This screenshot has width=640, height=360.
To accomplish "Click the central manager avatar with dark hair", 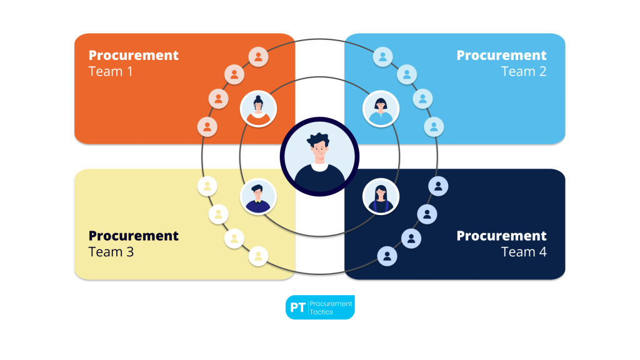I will click(319, 157).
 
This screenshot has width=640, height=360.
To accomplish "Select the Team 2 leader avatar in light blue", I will click(381, 109).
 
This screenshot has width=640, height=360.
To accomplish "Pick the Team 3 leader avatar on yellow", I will click(259, 196).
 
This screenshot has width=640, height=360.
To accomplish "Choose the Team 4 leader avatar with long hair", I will click(381, 196).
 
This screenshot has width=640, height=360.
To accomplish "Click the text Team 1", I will click(111, 71).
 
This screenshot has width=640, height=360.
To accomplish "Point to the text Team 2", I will click(524, 71).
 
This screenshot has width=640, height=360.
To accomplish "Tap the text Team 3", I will click(111, 252).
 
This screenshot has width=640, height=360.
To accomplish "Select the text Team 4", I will click(524, 252).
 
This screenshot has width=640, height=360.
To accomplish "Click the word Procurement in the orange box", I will click(134, 55).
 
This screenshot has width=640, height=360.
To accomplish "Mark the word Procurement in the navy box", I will click(501, 236).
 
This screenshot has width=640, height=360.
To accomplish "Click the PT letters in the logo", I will click(297, 307).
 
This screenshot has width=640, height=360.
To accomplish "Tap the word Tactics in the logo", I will click(321, 312).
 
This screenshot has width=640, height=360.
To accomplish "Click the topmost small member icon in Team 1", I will click(258, 57).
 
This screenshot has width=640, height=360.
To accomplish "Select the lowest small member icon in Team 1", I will click(207, 127).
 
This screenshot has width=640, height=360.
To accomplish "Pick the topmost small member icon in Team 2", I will click(382, 57).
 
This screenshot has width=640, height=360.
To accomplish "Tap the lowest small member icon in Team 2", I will click(434, 127).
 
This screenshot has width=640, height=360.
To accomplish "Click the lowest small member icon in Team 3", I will click(258, 256).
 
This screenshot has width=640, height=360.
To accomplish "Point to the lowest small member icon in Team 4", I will click(387, 256).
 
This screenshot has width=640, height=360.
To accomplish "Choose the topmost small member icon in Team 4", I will click(438, 186).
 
